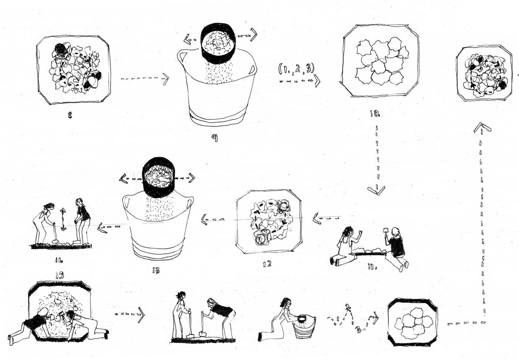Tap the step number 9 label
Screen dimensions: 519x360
coord(215,138)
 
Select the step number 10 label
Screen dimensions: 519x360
coord(375,114)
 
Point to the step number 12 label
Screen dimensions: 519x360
coord(267,263)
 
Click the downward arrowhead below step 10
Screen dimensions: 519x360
coord(377,190)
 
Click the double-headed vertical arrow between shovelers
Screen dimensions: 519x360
coord(63,219)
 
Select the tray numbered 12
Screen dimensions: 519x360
coord(269,222)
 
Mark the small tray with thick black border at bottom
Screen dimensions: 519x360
coord(412,322)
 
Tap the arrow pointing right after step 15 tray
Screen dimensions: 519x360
coord(130,314)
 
